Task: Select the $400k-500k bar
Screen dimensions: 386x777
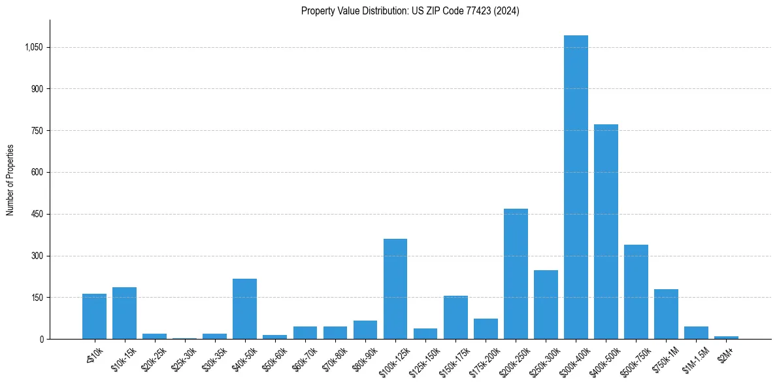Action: tap(606, 232)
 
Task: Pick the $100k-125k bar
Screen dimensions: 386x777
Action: tap(395, 289)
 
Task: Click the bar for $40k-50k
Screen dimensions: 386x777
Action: tap(244, 309)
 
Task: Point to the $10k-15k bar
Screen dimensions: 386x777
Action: tap(124, 313)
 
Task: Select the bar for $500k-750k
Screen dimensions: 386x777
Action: tap(636, 292)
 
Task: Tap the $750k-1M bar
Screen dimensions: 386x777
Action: tap(666, 314)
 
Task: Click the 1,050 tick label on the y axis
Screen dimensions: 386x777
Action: tap(33, 47)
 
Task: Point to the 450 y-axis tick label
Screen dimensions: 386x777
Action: tap(37, 214)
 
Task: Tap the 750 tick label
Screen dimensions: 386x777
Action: tap(37, 130)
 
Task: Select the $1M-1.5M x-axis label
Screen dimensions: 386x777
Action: tap(694, 354)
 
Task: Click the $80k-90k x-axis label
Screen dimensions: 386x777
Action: tap(363, 354)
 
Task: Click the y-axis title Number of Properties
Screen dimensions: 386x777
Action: tap(10, 180)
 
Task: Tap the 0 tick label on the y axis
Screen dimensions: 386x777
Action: tap(41, 339)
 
